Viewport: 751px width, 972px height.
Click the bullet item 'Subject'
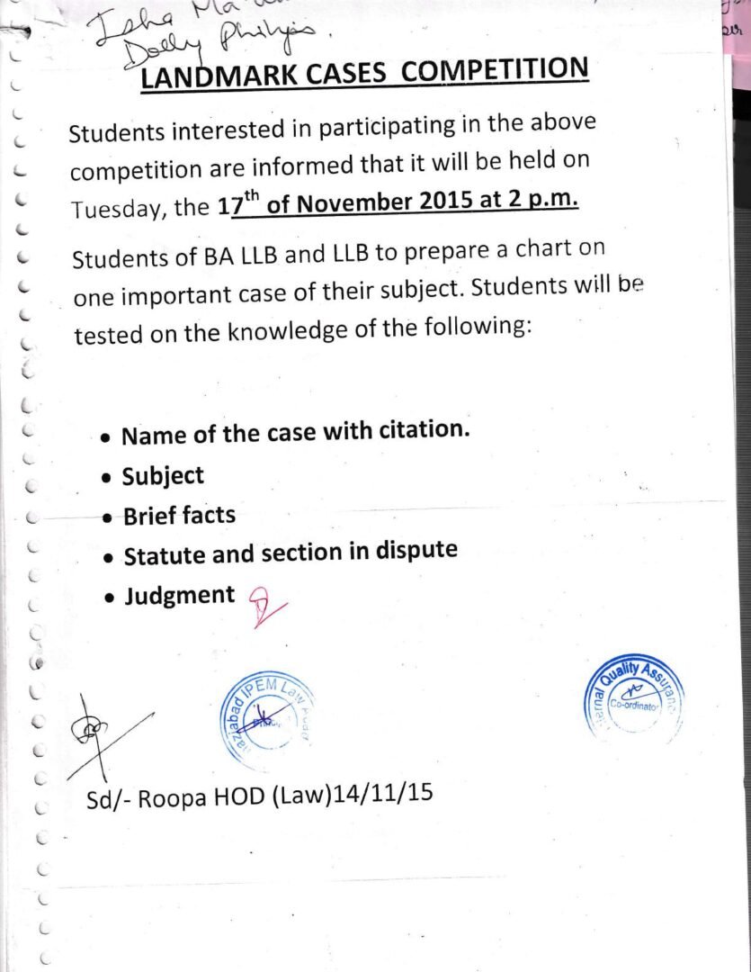point(163,476)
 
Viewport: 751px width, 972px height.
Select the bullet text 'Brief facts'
point(179,516)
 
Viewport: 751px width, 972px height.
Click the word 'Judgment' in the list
point(179,596)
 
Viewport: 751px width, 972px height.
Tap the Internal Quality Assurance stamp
point(635,700)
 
